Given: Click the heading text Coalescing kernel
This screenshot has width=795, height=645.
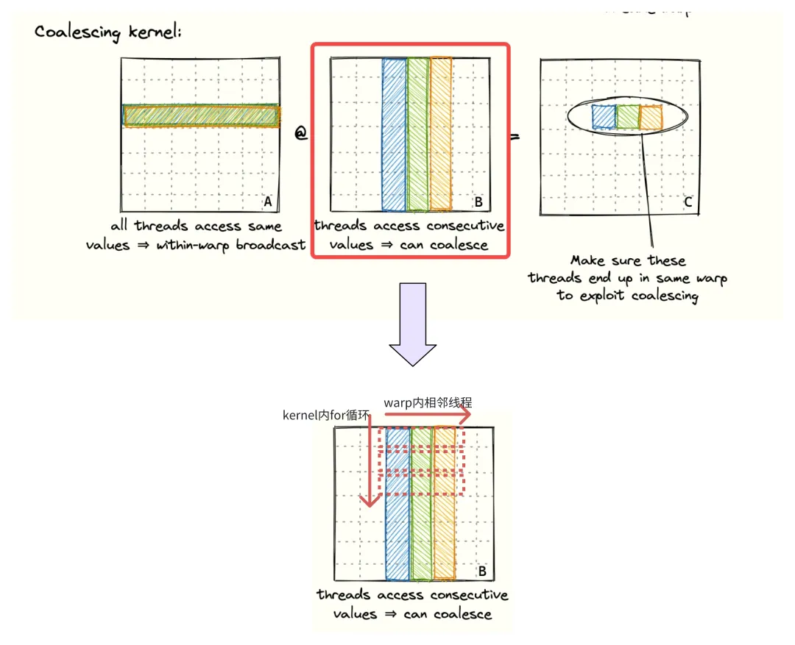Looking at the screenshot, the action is click(x=107, y=32).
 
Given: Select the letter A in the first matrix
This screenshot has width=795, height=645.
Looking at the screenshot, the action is click(x=268, y=202).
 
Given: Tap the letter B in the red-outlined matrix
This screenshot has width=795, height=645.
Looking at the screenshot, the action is click(x=477, y=202).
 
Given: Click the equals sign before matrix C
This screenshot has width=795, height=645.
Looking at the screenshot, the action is click(x=515, y=137).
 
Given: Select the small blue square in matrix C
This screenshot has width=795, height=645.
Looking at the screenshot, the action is click(x=604, y=117).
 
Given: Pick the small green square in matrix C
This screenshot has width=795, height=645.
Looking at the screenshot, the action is click(x=627, y=117).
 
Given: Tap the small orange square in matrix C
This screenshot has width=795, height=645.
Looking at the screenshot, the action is click(x=651, y=117).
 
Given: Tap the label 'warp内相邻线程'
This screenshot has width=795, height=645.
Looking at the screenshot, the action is click(x=428, y=402).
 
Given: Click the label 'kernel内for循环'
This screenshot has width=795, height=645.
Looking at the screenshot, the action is click(x=325, y=416).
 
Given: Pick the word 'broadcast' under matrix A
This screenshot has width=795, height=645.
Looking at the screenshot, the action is click(x=270, y=245).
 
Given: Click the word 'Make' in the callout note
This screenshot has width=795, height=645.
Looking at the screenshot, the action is click(x=587, y=260).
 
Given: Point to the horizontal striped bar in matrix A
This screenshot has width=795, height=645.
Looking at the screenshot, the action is click(x=201, y=115).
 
